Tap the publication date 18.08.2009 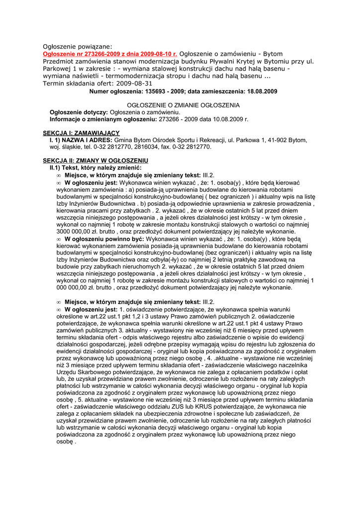click(260, 91)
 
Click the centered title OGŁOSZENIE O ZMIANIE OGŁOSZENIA click(183, 105)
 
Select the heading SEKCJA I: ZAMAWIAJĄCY click(81, 133)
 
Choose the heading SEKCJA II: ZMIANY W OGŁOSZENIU click(95, 161)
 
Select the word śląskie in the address click(72, 147)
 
